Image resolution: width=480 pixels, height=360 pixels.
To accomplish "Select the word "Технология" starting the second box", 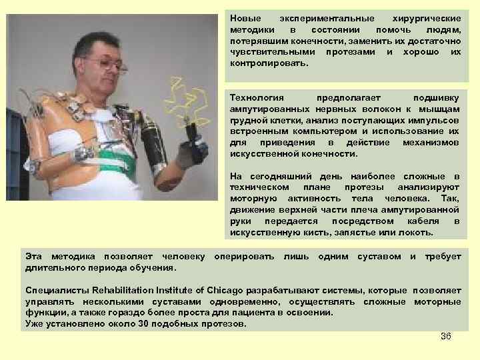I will tap(252, 97).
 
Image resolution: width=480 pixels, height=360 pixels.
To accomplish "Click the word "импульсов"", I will tap(437, 121).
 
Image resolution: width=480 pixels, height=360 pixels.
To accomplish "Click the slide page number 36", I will tap(446, 336).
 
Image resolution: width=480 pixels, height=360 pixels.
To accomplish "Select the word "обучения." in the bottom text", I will tap(156, 268).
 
